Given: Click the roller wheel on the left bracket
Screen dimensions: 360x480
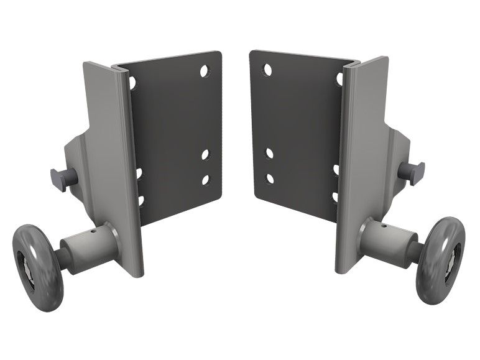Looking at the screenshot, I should point(37,262).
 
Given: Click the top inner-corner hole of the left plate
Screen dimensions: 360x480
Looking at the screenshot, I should point(204,71).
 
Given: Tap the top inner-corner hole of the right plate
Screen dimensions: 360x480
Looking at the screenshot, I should point(267,70).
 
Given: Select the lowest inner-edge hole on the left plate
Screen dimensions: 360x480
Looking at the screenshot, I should point(205,180).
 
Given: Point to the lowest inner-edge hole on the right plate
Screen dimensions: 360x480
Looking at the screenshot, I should point(270,178).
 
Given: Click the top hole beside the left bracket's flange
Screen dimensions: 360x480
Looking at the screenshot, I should point(132,81).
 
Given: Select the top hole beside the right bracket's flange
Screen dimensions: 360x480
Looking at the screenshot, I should point(339,79).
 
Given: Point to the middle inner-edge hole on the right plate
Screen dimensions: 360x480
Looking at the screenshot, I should point(269,152).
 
